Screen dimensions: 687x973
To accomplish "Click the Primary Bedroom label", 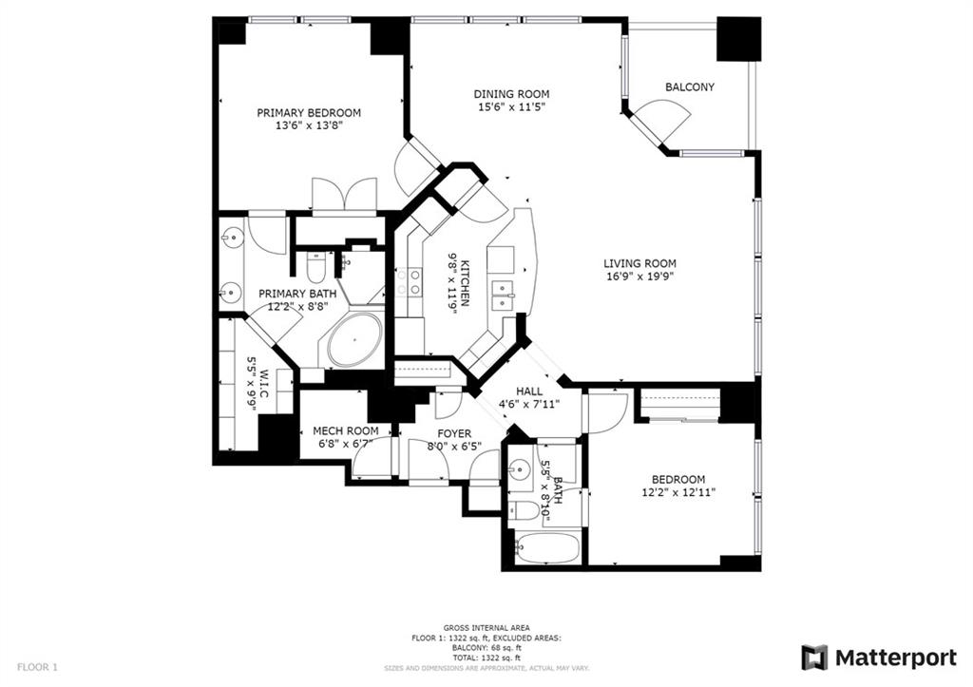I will tap(309, 112).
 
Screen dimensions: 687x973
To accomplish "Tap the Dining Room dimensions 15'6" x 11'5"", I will tap(511, 107).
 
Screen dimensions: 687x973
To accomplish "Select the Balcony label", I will tap(689, 87).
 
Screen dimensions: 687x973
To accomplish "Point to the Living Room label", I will tap(639, 264).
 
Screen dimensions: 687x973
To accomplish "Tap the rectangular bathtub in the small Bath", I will tap(545, 548).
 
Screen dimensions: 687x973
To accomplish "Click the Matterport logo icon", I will tap(814, 658).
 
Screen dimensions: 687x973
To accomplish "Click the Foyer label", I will tap(454, 434).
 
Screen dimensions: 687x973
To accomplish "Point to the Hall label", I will tap(529, 391).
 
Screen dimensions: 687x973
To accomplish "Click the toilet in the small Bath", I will tap(525, 511).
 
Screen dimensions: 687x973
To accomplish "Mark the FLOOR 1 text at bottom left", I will tap(36, 668).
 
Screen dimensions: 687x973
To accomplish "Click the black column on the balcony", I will tap(738, 39).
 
